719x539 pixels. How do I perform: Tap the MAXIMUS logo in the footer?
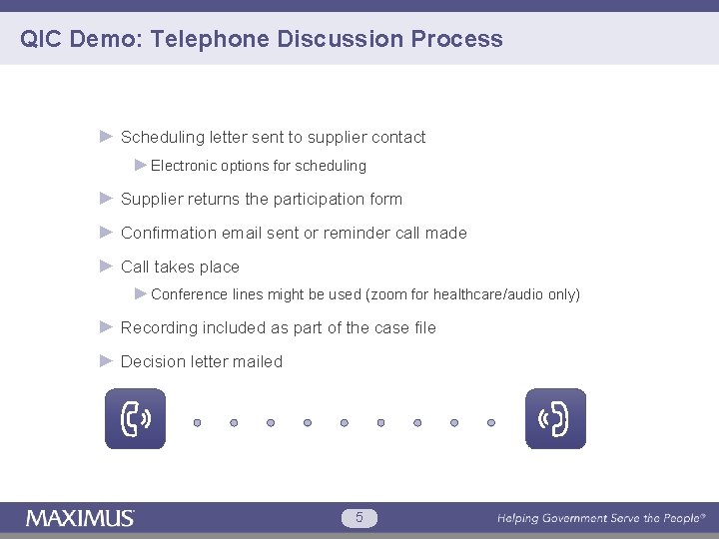pos(80,518)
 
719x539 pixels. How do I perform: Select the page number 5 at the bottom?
pos(359,517)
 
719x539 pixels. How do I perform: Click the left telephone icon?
pos(136,419)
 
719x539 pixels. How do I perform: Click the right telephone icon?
pos(555,419)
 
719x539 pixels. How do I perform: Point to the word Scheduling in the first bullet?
pos(163,138)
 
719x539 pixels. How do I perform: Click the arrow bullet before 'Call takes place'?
pos(107,267)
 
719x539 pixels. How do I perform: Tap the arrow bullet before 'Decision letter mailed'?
pos(107,361)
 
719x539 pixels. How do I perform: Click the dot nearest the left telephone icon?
pos(198,422)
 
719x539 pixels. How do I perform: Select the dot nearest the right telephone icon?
pos(491,422)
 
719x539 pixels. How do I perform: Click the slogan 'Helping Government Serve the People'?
pos(601,518)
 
